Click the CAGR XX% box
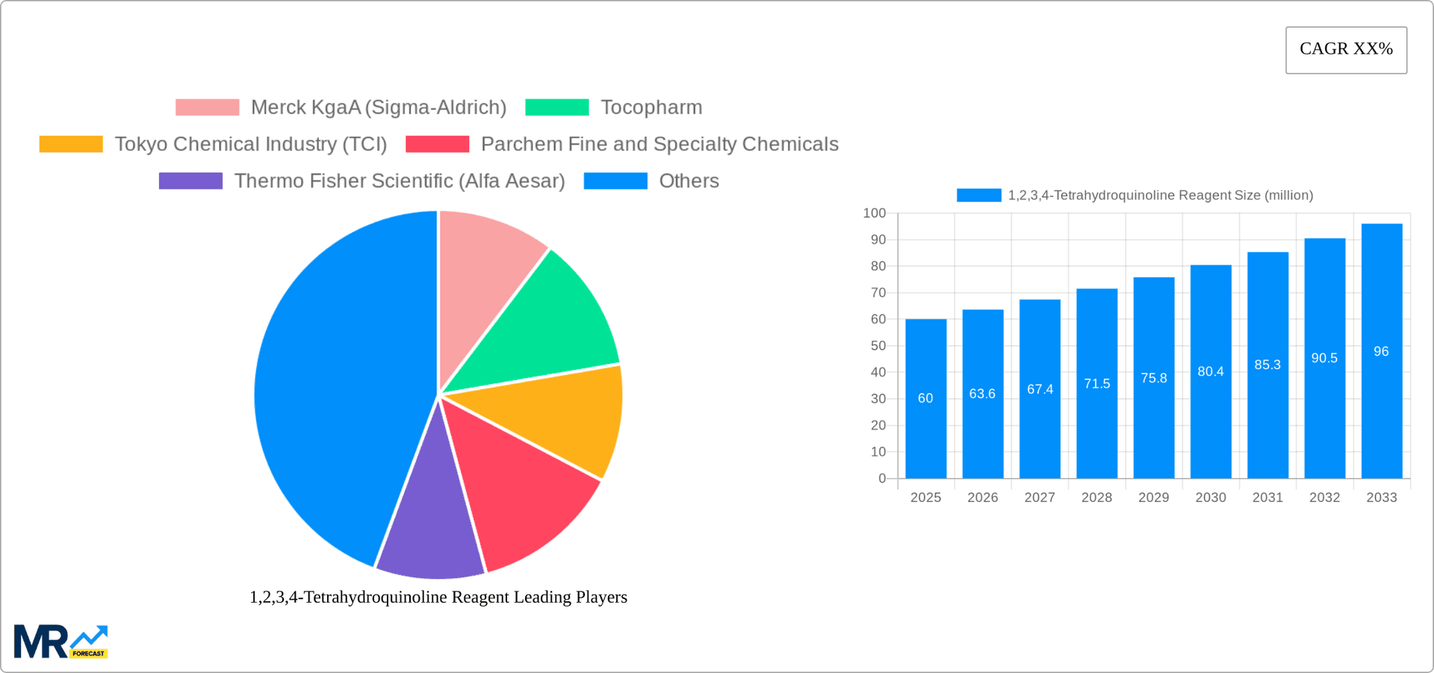1346,50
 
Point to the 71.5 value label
1096,384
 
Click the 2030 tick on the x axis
1210,497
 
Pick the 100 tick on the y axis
875,214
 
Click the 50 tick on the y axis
878,346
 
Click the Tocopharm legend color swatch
556,108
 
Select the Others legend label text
689,181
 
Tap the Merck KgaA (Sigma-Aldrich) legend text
379,108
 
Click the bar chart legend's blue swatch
978,195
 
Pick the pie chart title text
438,597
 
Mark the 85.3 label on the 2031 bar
1267,365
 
